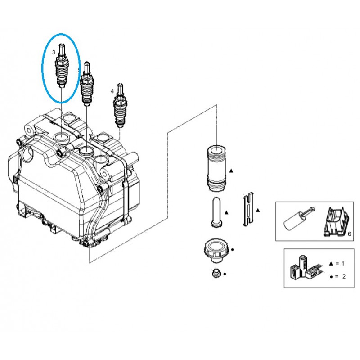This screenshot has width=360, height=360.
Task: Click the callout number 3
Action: pos(54,53)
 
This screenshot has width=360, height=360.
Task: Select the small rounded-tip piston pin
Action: pos(215,210)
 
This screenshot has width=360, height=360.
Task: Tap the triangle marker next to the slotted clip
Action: pos(258,210)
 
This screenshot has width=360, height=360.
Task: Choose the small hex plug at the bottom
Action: pos(215,273)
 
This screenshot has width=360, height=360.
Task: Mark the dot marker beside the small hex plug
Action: pos(225,274)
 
